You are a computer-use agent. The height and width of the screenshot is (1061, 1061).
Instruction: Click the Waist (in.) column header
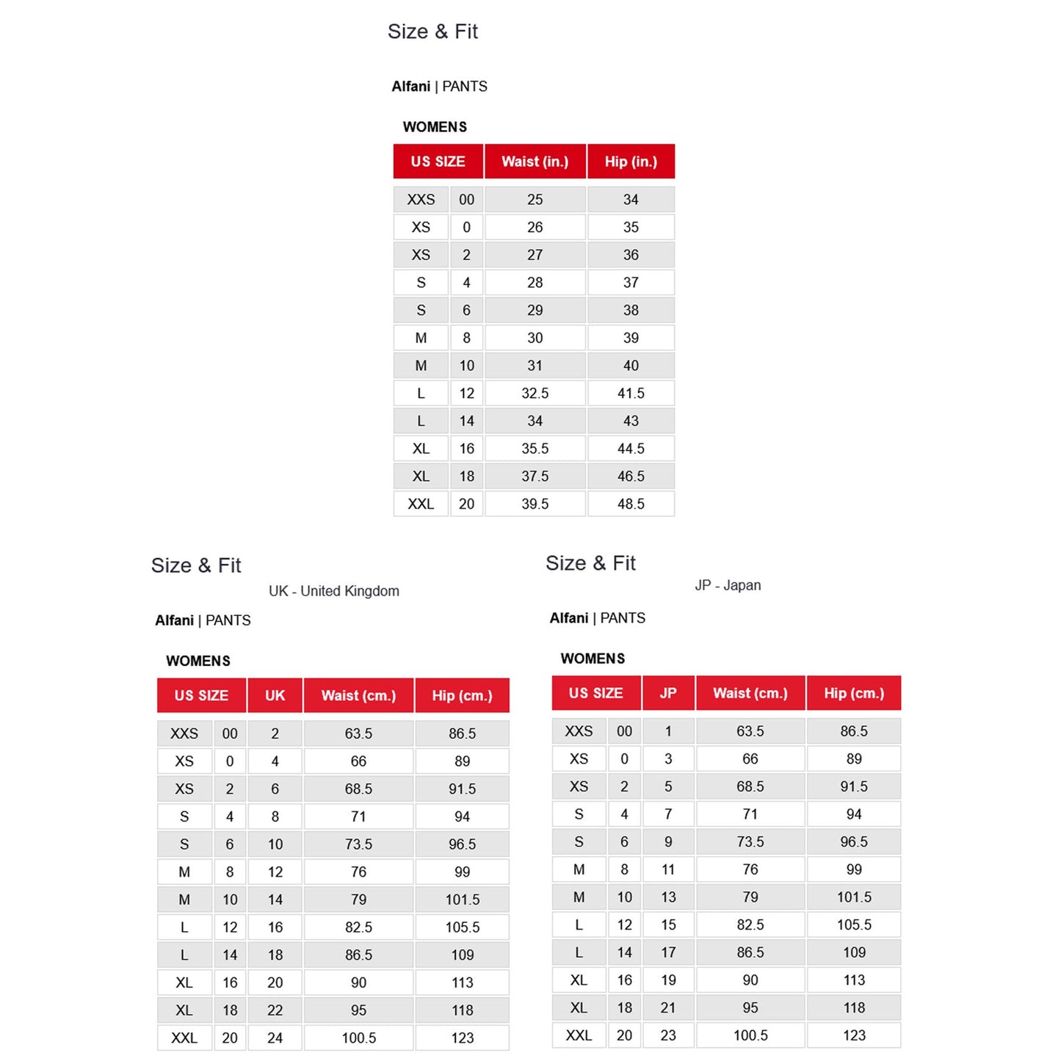pyautogui.click(x=535, y=162)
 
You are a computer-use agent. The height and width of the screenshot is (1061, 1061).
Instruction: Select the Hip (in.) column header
pyautogui.click(x=631, y=162)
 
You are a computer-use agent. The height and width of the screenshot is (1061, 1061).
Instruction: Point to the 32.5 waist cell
pyautogui.click(x=535, y=394)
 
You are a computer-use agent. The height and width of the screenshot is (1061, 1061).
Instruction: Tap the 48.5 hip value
pyautogui.click(x=631, y=504)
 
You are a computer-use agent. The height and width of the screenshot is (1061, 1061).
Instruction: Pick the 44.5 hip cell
pyautogui.click(x=631, y=449)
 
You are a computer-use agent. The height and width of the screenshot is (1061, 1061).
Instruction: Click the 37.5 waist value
pyautogui.click(x=535, y=477)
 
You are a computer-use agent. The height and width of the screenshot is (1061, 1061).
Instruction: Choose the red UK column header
pyautogui.click(x=275, y=695)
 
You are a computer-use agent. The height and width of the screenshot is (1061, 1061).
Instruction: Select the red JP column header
pyautogui.click(x=668, y=693)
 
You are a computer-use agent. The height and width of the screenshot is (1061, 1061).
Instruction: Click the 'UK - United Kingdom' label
pyautogui.click(x=334, y=591)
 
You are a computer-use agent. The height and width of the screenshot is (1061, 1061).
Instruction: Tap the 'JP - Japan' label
pyautogui.click(x=728, y=585)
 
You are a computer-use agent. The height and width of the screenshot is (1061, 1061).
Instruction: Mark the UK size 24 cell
pyautogui.click(x=275, y=1038)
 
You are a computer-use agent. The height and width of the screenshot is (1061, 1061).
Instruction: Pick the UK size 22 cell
pyautogui.click(x=275, y=1010)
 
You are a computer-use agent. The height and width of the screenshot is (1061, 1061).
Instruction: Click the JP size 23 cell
pyautogui.click(x=668, y=1035)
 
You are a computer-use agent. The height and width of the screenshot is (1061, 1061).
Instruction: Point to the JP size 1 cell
pyautogui.click(x=668, y=731)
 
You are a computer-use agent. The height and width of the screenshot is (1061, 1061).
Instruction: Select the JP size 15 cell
pyautogui.click(x=668, y=925)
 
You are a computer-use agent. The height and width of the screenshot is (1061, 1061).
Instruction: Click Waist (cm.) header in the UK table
pyautogui.click(x=358, y=695)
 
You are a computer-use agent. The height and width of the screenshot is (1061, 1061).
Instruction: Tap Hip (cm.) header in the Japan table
pyautogui.click(x=854, y=693)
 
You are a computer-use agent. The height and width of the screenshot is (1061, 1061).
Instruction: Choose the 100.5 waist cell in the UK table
pyautogui.click(x=358, y=1038)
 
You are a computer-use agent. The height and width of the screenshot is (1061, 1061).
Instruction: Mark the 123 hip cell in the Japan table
pyautogui.click(x=854, y=1035)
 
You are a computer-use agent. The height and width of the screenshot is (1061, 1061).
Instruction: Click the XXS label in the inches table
pyautogui.click(x=421, y=200)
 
